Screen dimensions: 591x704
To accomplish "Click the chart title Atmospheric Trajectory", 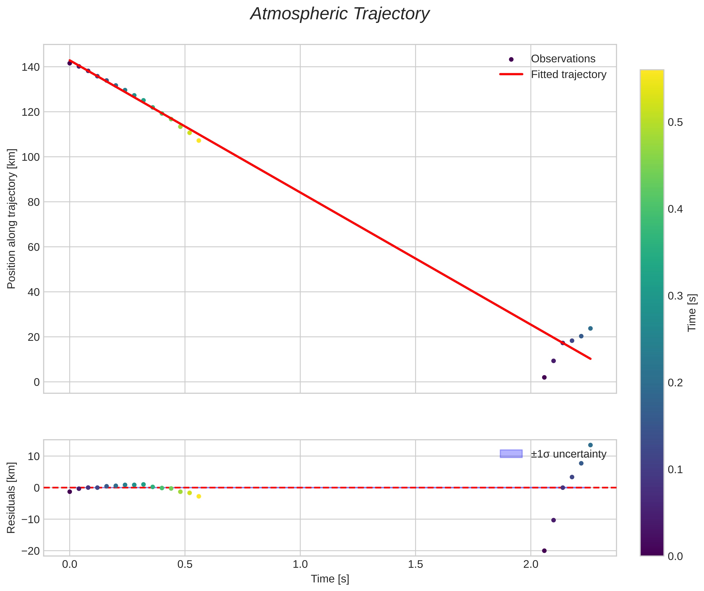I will coord(339,14).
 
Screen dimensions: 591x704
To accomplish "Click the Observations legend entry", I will coord(563,59).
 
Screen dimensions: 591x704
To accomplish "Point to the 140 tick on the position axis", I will coord(31,67).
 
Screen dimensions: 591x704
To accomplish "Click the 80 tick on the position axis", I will coord(33,202).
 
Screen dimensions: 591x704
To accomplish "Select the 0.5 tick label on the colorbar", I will coord(675,123).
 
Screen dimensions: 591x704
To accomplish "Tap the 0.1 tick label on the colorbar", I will coord(675,470).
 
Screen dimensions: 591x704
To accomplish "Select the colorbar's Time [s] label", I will coord(692,313).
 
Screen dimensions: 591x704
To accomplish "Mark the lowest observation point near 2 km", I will coord(544,377).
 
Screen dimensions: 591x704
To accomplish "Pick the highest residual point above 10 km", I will coord(590,445).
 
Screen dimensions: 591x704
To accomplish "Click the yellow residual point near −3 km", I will coord(199,496).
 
